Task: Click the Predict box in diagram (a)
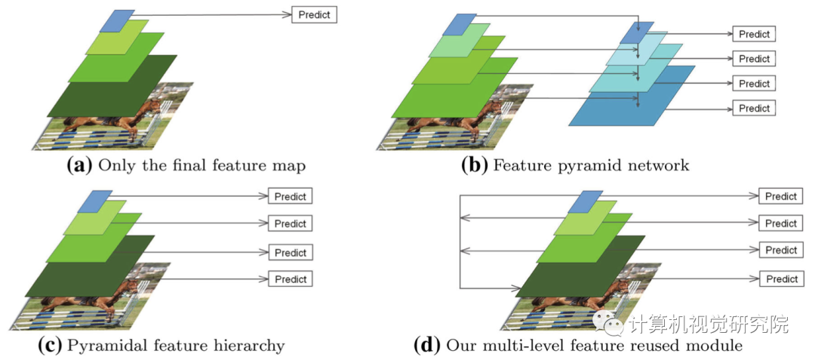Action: [x=313, y=14]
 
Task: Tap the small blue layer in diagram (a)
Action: [x=118, y=20]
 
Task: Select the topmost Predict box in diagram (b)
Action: [x=754, y=34]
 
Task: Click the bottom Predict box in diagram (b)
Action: [x=754, y=108]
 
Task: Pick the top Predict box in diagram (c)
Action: [x=290, y=196]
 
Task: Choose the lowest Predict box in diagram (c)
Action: [x=290, y=278]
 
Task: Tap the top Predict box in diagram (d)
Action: [x=781, y=196]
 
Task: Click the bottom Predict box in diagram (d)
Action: [x=781, y=278]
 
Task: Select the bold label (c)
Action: [x=50, y=346]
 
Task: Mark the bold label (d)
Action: [x=427, y=346]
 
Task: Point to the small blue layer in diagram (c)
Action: [x=95, y=201]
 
